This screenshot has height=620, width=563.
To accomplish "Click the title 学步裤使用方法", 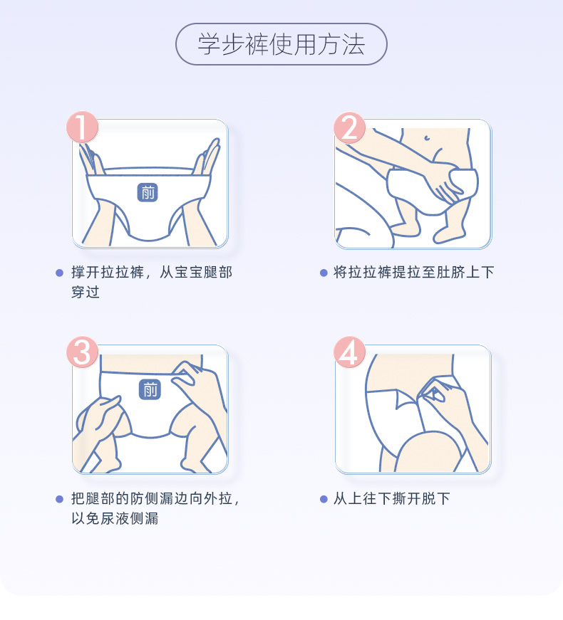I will pos(281,44).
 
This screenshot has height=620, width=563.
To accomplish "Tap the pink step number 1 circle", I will pos(83,127).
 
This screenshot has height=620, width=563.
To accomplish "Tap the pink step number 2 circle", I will pos(350,127).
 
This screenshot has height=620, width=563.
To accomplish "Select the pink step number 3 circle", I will pos(83,352).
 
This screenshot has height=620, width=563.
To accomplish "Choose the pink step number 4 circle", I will pos(350,352).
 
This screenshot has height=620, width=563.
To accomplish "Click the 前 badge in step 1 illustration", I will pos(148,192).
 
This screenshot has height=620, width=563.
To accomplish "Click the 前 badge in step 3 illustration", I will pos(150,389).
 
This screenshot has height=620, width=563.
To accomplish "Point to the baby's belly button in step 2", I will pos(426,138).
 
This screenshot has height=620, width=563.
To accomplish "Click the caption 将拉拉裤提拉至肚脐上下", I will pos(413,273).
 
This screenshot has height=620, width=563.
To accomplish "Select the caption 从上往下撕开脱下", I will pos(391,498).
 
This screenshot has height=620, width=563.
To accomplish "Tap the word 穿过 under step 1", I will pos(85,293).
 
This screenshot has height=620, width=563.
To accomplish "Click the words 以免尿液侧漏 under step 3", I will pos(114,518).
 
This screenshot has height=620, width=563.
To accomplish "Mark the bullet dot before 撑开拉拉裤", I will pos(60,273).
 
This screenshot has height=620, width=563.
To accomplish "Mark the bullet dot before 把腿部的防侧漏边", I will pos(60,498).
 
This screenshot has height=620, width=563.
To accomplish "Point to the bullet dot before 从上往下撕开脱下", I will pos(324,498).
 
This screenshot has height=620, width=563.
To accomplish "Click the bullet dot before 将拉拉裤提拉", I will pos(324,273).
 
